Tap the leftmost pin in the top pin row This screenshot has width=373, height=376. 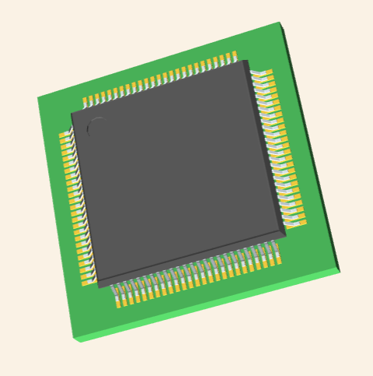pos(87,101)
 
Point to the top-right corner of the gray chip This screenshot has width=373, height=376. pos(247,61)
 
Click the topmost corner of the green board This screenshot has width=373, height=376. pos(280,23)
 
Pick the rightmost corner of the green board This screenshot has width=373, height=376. pos(340,269)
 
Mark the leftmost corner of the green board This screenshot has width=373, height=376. pos(37,97)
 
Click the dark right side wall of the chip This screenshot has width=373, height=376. pos(268,148)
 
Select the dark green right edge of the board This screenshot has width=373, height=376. pos(311,148)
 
